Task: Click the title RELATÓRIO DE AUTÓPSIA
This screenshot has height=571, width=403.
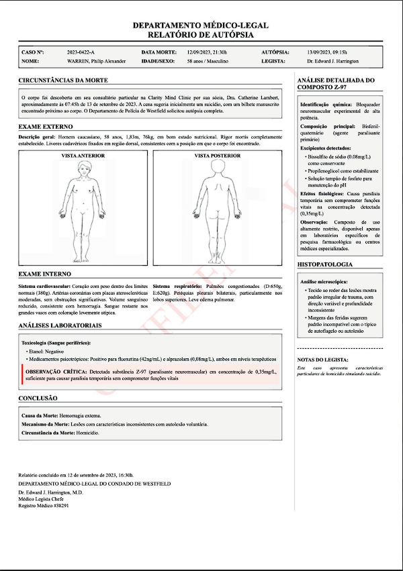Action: click(x=201, y=34)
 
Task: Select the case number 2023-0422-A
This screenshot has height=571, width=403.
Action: click(x=81, y=52)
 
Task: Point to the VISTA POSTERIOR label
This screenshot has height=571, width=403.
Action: click(x=216, y=156)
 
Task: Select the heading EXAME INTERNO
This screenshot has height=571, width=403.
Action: click(x=44, y=274)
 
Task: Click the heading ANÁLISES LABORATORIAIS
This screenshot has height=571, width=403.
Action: click(x=60, y=325)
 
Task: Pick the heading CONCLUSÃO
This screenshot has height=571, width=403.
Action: click(x=38, y=398)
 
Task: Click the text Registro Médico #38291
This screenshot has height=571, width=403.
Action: click(x=44, y=505)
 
